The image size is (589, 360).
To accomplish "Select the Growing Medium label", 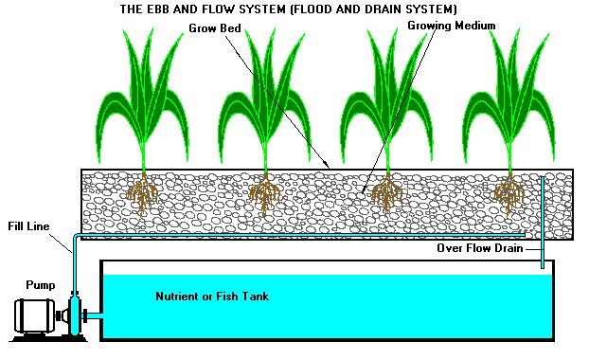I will (x=451, y=25).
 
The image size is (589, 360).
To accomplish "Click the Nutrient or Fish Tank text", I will (x=211, y=297).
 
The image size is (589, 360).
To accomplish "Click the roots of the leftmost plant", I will (x=144, y=195).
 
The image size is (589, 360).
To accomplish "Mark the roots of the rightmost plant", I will (x=509, y=195).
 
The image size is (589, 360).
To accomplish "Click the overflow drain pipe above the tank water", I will (x=543, y=254).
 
